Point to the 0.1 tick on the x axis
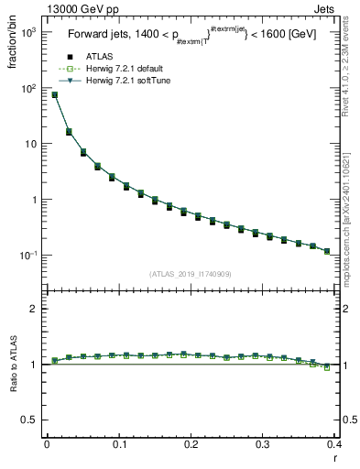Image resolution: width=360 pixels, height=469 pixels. pos(119,445)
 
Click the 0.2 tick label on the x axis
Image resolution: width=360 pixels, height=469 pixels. pos(191,445)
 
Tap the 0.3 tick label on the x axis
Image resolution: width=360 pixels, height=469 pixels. pos(264,445)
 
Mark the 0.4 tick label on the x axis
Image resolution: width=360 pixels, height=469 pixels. pos(335,445)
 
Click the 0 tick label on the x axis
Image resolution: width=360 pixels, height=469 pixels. pos(47,445)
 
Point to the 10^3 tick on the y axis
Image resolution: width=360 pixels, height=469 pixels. pos(29,33)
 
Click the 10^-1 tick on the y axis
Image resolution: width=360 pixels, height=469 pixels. pos(29,255)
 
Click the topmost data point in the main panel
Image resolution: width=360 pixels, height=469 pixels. pos(54,94)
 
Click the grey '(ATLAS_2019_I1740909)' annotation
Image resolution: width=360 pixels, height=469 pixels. pos(191,274)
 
